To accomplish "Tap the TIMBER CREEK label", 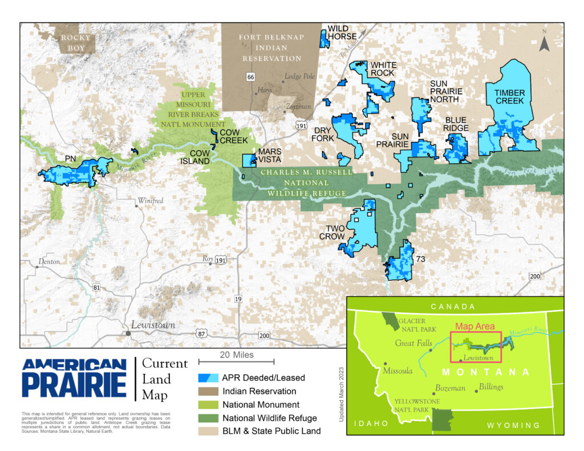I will click(509, 97).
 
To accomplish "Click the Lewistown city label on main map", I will click(153, 325).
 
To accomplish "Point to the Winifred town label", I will click(150, 201).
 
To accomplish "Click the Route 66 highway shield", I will click(250, 77).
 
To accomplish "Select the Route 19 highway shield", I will click(238, 299).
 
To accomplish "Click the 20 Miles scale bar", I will click(236, 361).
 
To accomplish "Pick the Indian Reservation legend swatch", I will click(209, 392).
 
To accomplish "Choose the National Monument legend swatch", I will click(209, 405).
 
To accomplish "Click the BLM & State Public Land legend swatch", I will click(209, 431).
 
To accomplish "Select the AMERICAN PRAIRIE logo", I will click(74, 378).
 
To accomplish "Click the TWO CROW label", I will click(331, 232).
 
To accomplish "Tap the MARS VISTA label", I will click(270, 156).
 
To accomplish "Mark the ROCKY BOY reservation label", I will click(76, 43).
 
